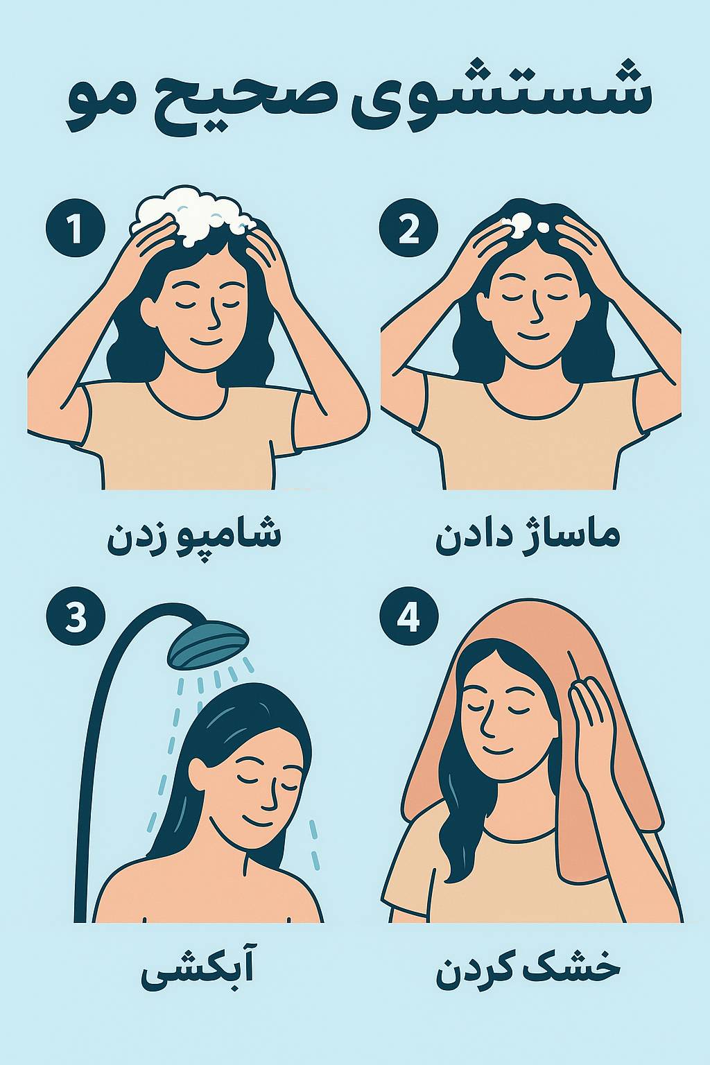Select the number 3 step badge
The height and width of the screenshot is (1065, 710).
click(x=76, y=616)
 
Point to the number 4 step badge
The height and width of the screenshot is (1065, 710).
click(x=409, y=616)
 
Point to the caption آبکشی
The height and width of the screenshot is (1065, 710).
click(x=197, y=971)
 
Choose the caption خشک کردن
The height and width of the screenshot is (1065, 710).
click(x=527, y=970)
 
